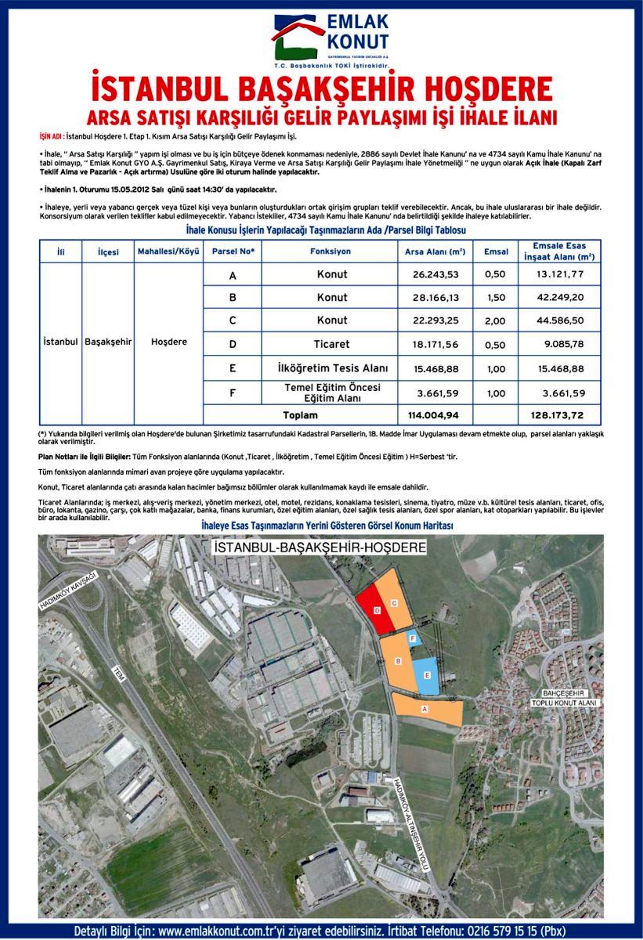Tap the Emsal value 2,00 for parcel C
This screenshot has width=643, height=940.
(x=496, y=320)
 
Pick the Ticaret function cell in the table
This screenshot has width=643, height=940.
(x=332, y=343)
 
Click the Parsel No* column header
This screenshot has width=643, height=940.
(x=233, y=251)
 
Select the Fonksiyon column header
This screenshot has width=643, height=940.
(x=332, y=251)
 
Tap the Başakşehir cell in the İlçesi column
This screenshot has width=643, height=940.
(x=108, y=343)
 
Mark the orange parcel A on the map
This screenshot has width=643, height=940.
(x=427, y=709)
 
